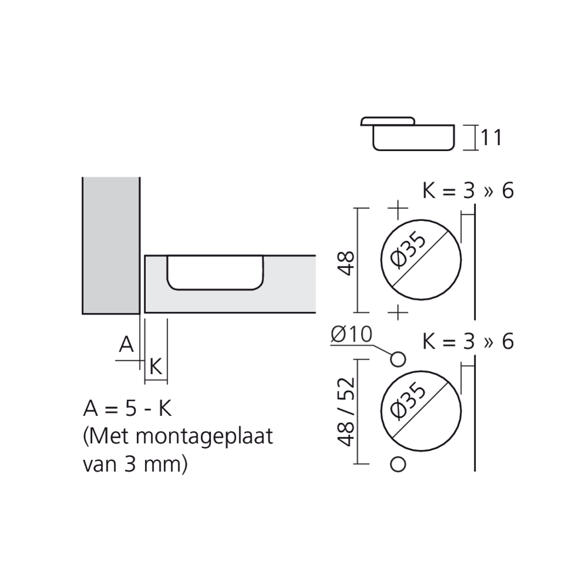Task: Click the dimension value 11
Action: pyautogui.click(x=491, y=138)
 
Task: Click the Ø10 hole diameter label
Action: pyautogui.click(x=352, y=334)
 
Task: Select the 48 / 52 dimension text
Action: pyautogui.click(x=346, y=412)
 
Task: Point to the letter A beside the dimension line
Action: pyautogui.click(x=126, y=344)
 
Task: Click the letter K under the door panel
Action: pyautogui.click(x=156, y=366)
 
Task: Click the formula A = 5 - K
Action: pyautogui.click(x=128, y=409)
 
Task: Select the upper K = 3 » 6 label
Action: pyautogui.click(x=468, y=191)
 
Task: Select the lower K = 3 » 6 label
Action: pyautogui.click(x=468, y=342)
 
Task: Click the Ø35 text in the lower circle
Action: pyautogui.click(x=409, y=400)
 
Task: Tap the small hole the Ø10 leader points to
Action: pyautogui.click(x=398, y=360)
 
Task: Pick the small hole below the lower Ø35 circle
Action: pyautogui.click(x=398, y=465)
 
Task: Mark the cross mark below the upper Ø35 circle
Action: pyautogui.click(x=398, y=312)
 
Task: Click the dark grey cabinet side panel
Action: pyautogui.click(x=111, y=246)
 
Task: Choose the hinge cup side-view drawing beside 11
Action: pyautogui.click(x=408, y=133)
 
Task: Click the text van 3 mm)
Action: pyautogui.click(x=135, y=465)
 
